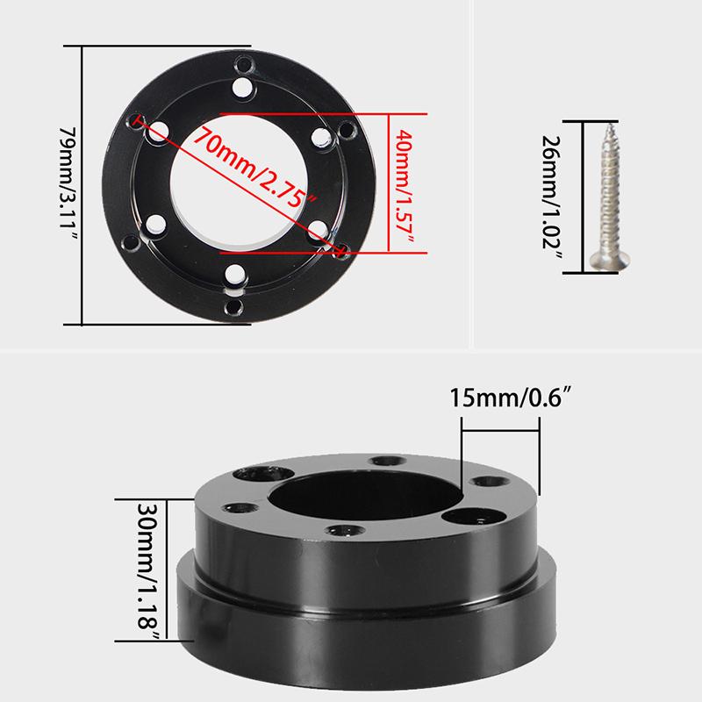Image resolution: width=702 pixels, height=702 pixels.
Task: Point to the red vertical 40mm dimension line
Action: click(388, 184)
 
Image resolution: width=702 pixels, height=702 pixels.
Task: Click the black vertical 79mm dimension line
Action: click(82, 184)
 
